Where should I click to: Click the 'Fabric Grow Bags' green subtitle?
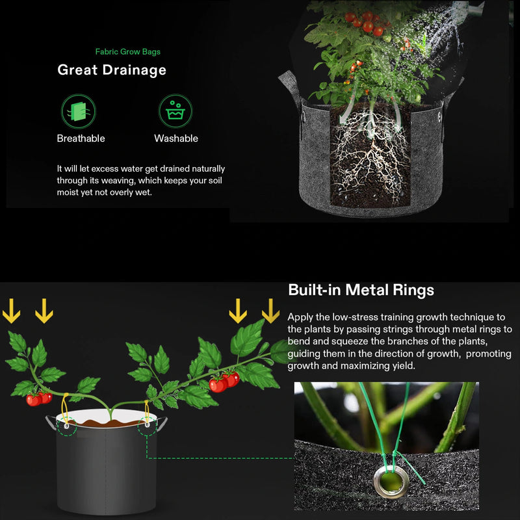pyautogui.click(x=127, y=51)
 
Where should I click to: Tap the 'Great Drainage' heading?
pyautogui.click(x=112, y=70)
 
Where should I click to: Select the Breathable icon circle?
pyautogui.click(x=78, y=110)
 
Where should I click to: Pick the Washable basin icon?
pyautogui.click(x=175, y=110)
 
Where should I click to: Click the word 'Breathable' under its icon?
pyautogui.click(x=81, y=138)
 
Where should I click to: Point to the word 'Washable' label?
pyautogui.click(x=176, y=138)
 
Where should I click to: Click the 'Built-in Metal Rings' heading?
pyautogui.click(x=361, y=290)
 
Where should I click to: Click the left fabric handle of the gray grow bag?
pyautogui.click(x=289, y=91)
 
